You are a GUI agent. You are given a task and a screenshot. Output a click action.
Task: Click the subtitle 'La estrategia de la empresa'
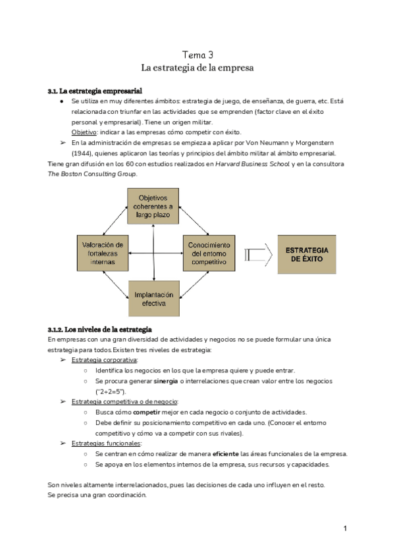(197, 68)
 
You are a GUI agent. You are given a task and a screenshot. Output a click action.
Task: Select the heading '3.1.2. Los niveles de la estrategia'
(100, 328)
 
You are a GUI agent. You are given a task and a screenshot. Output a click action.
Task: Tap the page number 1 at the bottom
(345, 528)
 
